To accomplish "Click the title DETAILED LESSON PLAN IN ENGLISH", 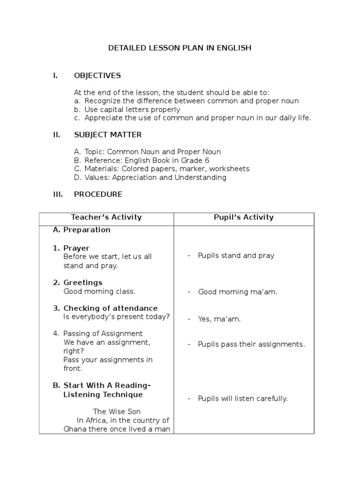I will tap(180, 48).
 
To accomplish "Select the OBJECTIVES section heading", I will tap(97, 75).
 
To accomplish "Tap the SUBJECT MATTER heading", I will tap(108, 135).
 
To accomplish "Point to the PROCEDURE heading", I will tap(98, 194).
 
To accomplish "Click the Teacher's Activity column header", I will tap(106, 217).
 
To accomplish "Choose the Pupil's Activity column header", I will tap(244, 217).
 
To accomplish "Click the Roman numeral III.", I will tap(58, 194).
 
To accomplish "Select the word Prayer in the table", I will tap(76, 248).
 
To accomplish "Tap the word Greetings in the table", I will tap(82, 283).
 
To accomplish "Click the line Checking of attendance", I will tap(110, 308).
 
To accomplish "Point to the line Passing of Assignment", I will tap(103, 334).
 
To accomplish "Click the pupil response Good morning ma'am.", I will tap(238, 292).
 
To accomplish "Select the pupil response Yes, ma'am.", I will tap(219, 319).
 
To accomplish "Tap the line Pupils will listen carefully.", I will tap(243, 399).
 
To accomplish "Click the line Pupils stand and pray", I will tap(236, 256).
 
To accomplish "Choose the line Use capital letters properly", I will tap(132, 110).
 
